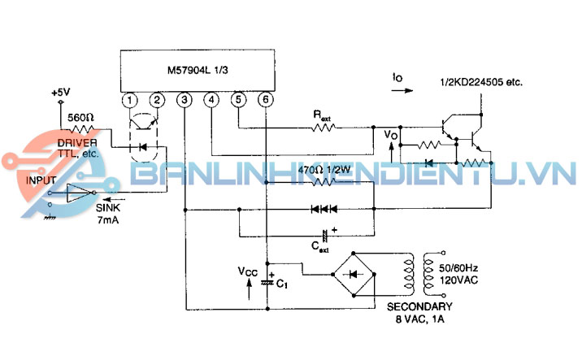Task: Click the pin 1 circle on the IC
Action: click(x=129, y=100)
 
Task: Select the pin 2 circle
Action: click(x=157, y=100)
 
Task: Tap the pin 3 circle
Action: click(x=185, y=100)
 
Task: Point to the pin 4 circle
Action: click(x=211, y=100)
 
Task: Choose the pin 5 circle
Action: click(x=238, y=100)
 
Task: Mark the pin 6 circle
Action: click(x=265, y=100)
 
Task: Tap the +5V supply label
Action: click(x=61, y=93)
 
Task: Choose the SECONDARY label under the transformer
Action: click(x=419, y=306)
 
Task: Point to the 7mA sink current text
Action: click(x=109, y=220)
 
